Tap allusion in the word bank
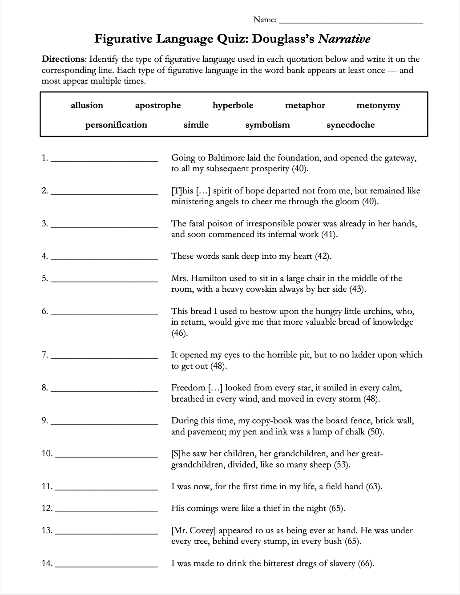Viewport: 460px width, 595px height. click(x=87, y=105)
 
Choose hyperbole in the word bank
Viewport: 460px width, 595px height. click(x=233, y=105)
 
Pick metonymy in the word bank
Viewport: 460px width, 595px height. click(x=378, y=106)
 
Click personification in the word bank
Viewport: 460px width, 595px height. click(x=116, y=125)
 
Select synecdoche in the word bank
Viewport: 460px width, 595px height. click(x=351, y=125)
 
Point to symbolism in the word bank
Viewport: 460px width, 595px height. click(x=267, y=125)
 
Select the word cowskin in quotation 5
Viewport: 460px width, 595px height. click(x=272, y=289)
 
